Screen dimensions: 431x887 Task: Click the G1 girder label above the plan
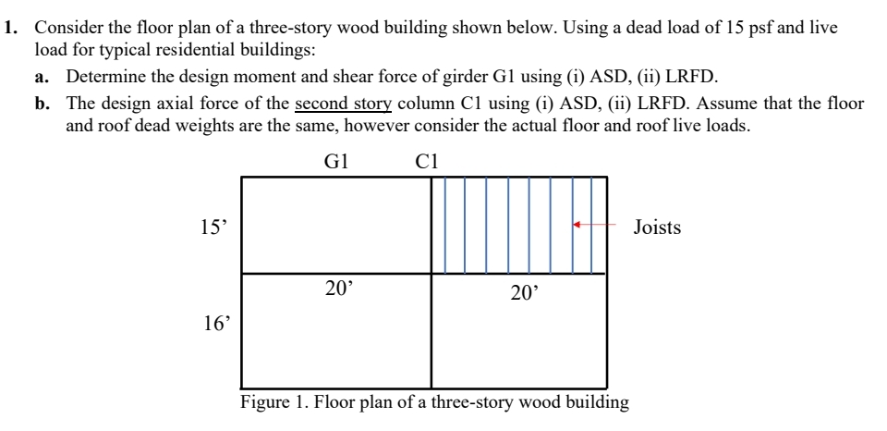[335, 162]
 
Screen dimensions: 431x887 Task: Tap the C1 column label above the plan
[427, 162]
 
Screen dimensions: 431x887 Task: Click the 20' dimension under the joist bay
[524, 294]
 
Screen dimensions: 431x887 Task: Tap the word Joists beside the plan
[657, 228]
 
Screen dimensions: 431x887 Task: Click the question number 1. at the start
[13, 28]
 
